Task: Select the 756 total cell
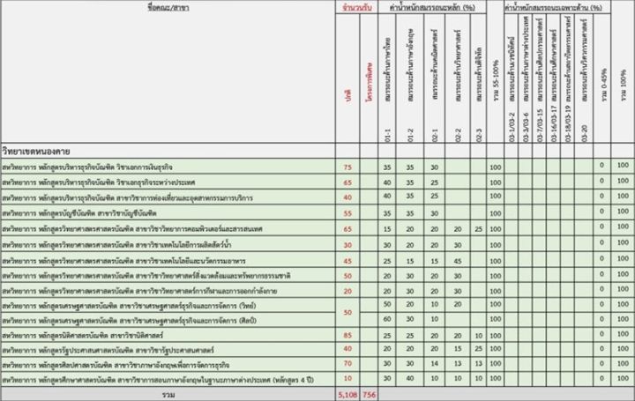370,394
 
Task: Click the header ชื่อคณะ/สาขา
166,7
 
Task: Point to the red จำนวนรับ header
356,7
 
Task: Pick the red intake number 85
347,335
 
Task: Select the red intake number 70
347,363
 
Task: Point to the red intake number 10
347,377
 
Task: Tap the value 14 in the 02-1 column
434,363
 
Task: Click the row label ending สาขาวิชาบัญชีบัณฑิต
79,213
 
